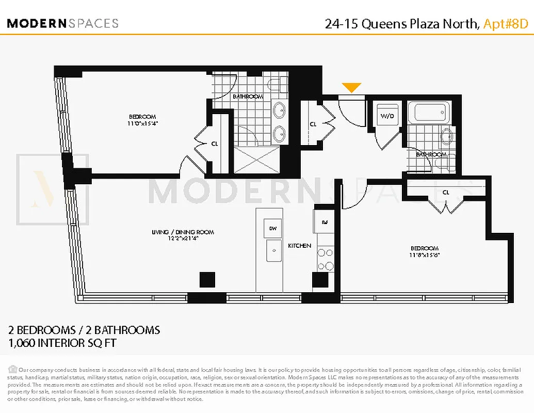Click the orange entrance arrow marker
click(x=351, y=88)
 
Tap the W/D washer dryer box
click(x=386, y=115)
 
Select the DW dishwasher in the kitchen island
click(x=272, y=228)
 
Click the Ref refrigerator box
click(x=325, y=223)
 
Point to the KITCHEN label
click(x=299, y=246)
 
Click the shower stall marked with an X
click(x=256, y=160)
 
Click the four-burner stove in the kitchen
click(x=325, y=259)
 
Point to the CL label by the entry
click(x=313, y=124)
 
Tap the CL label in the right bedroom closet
click(x=446, y=193)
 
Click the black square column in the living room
click(x=207, y=279)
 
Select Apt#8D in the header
click(x=505, y=23)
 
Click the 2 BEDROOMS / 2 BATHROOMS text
click(x=84, y=330)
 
